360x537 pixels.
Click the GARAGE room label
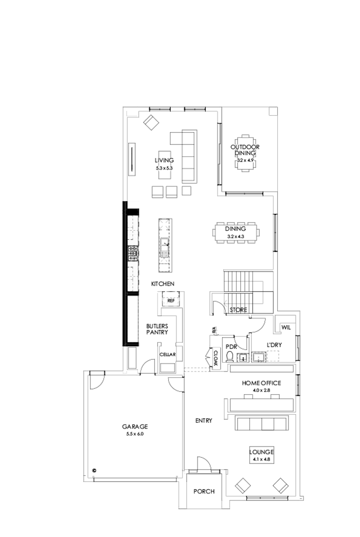point(135,427)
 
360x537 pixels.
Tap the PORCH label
point(204,491)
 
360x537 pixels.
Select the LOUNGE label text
point(262,452)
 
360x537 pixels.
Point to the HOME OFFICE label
point(262,383)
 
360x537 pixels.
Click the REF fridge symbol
point(171,300)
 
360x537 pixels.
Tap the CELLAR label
point(168,355)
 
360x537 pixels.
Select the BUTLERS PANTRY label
point(157,329)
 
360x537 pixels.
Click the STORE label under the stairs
point(238,310)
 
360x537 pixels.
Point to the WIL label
point(286,327)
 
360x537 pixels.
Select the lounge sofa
point(262,423)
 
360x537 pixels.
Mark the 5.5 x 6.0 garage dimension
point(135,434)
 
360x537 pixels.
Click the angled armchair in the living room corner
point(152,123)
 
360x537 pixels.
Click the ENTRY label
point(204,421)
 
